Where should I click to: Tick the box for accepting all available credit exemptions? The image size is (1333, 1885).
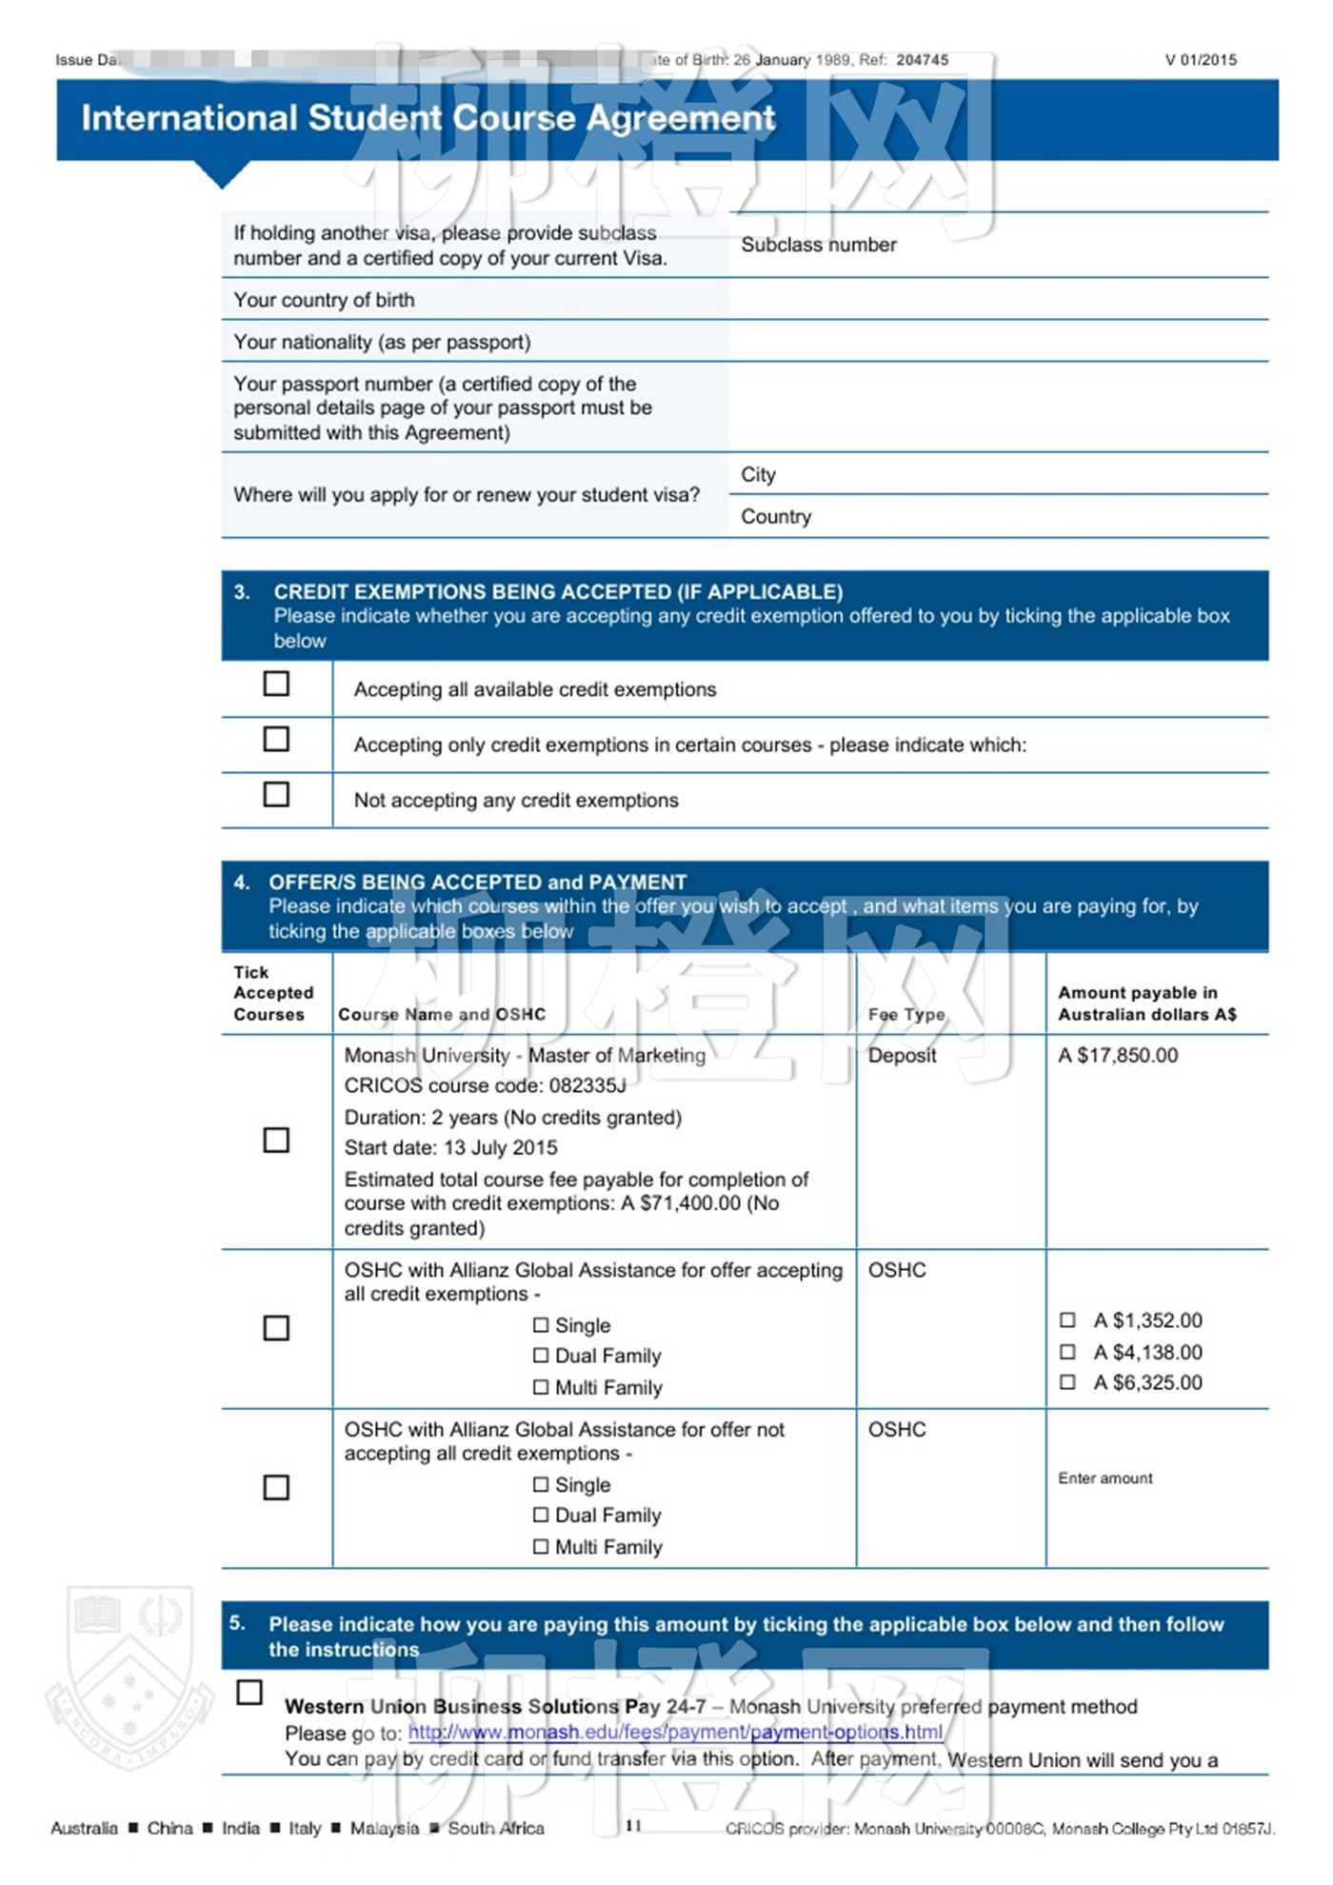click(276, 684)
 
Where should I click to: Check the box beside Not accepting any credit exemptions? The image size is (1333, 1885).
click(276, 794)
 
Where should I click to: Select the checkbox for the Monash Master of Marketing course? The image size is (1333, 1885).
click(276, 1140)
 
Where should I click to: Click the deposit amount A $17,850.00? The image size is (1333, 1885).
click(1118, 1055)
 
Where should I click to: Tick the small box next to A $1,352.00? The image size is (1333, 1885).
click(1068, 1319)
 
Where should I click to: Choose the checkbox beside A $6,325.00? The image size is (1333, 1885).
click(1068, 1381)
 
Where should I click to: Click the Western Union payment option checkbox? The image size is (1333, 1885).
click(249, 1692)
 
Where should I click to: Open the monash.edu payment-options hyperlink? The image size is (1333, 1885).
click(675, 1732)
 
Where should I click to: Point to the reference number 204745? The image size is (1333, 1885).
click(922, 60)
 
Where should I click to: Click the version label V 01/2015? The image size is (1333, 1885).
click(1201, 60)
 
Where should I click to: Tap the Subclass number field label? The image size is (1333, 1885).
click(819, 245)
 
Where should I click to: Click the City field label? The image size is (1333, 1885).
click(758, 474)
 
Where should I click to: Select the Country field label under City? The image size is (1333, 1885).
click(776, 516)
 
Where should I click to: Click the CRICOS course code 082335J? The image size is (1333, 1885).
click(587, 1085)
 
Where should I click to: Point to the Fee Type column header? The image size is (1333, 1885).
click(906, 1014)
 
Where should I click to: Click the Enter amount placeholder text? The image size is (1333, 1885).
click(1104, 1478)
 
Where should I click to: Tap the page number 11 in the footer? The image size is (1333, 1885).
click(634, 1825)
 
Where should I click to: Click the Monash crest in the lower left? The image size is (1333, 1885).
click(129, 1676)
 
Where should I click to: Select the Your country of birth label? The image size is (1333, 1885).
click(324, 300)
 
